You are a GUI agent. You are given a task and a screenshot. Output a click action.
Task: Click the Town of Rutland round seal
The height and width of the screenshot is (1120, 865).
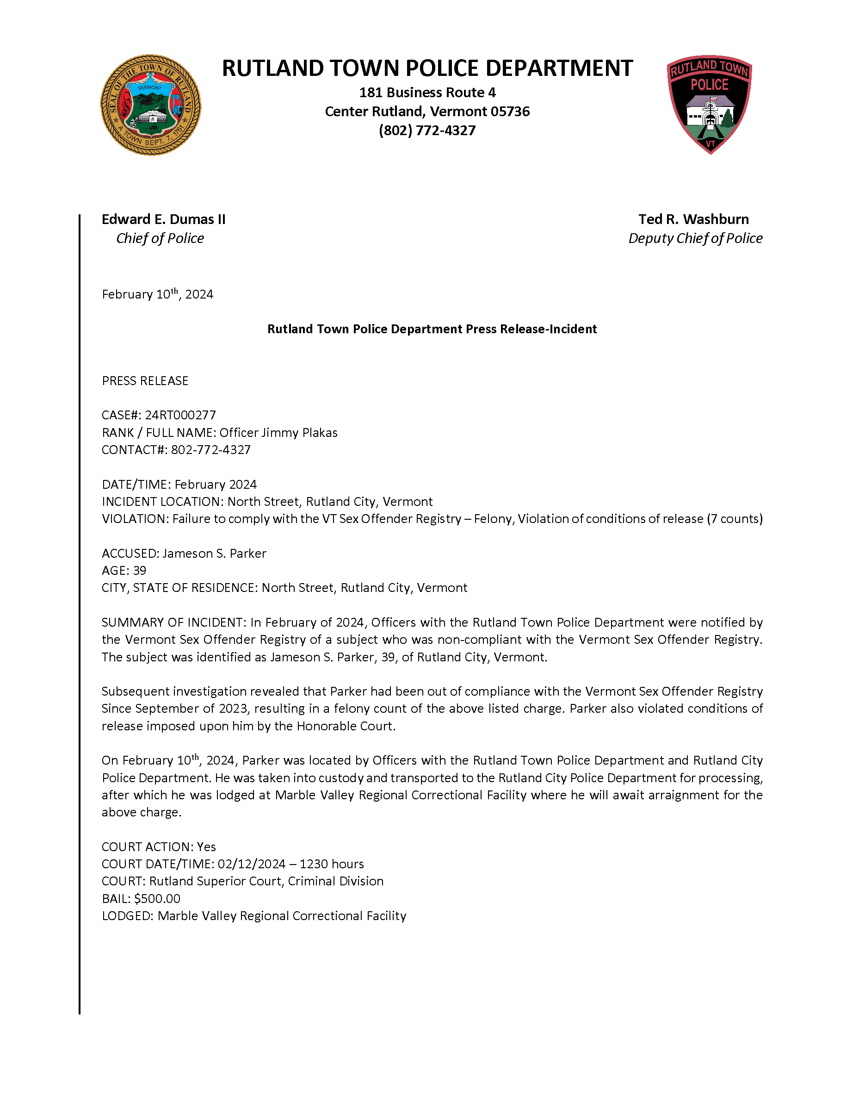click(150, 105)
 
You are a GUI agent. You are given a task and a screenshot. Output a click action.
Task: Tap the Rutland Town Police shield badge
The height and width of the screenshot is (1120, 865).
click(709, 104)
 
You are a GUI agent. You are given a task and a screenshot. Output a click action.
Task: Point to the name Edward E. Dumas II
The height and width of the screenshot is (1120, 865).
click(163, 219)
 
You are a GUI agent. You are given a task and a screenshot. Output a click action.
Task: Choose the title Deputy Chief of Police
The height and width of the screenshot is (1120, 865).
click(695, 238)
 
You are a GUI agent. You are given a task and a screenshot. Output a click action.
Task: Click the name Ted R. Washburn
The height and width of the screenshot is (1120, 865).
click(693, 219)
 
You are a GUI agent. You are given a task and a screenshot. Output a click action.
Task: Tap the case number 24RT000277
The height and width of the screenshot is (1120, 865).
click(180, 415)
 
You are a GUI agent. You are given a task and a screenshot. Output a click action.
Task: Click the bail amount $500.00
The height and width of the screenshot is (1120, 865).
click(157, 898)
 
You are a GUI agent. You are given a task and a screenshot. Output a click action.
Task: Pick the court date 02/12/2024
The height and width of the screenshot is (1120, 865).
click(251, 864)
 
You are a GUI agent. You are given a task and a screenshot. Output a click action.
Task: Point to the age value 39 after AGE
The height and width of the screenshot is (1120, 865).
click(139, 570)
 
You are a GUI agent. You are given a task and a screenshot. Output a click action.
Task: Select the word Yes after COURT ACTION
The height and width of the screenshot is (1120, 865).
click(206, 846)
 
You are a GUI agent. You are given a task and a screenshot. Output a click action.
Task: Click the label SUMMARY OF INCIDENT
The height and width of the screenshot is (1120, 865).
click(173, 622)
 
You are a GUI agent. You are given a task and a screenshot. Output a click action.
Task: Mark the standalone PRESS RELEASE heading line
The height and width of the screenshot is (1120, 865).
click(145, 380)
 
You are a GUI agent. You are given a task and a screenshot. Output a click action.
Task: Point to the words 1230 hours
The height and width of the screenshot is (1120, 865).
click(332, 864)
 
